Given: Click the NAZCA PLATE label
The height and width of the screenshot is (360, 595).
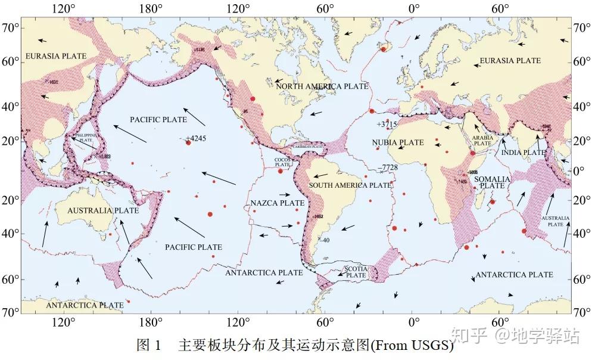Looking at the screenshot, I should [277, 203].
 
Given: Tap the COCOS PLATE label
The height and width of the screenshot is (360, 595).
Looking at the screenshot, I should [282, 162].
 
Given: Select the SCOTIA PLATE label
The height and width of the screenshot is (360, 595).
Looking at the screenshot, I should [356, 272].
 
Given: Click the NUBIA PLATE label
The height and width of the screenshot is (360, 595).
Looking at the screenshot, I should [398, 142].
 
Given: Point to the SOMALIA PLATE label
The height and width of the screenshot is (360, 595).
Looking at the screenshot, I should [492, 182].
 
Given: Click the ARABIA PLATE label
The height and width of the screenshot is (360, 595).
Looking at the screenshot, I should [482, 141].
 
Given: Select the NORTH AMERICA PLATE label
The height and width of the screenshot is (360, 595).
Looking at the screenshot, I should [322, 86].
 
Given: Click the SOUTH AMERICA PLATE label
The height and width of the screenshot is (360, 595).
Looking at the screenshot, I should [350, 185].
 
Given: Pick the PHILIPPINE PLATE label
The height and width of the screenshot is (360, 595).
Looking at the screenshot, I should [83, 138].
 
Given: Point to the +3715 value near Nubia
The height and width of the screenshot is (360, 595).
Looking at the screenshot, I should [387, 124].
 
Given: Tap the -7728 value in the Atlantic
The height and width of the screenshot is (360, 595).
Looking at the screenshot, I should [389, 167].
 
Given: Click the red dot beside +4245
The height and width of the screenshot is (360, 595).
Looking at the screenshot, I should [188, 142].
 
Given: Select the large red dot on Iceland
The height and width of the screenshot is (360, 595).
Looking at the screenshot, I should [384, 49].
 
